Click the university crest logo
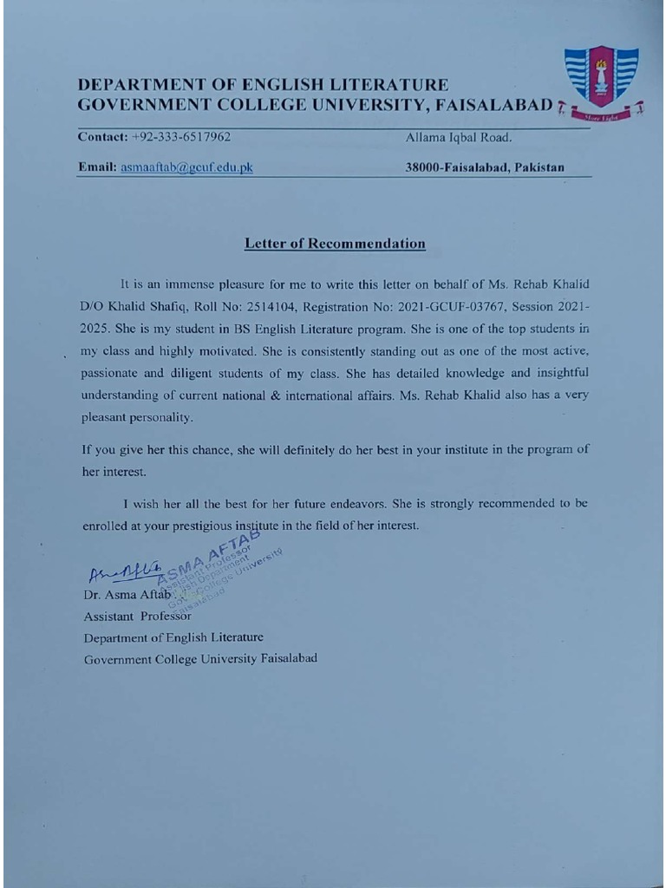(x=601, y=80)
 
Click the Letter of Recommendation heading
(x=335, y=244)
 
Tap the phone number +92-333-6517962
(x=181, y=137)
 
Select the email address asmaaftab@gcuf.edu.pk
(x=186, y=167)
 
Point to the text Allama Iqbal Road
(x=458, y=137)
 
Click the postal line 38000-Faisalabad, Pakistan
(x=484, y=167)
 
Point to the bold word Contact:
(x=102, y=137)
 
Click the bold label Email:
(x=97, y=167)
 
